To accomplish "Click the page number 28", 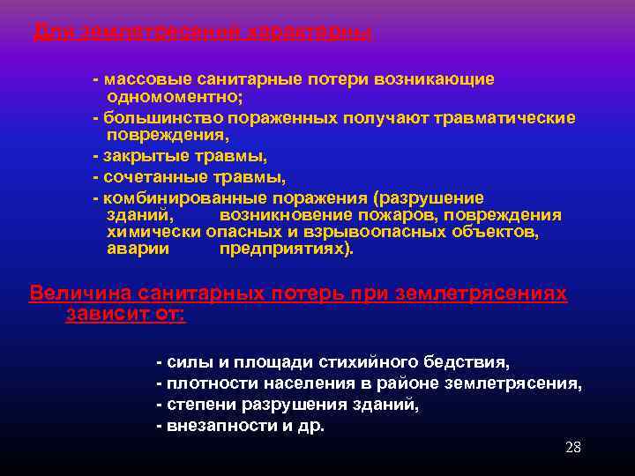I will pyautogui.click(x=572, y=448).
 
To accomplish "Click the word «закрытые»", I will pyautogui.click(x=141, y=157).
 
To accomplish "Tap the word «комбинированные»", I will pyautogui.click(x=180, y=197).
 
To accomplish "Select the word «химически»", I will pyautogui.click(x=153, y=232).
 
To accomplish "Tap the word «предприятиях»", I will pyautogui.click(x=282, y=249).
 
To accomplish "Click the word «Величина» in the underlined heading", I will pyautogui.click(x=77, y=294).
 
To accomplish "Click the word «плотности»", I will pyautogui.click(x=204, y=383).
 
